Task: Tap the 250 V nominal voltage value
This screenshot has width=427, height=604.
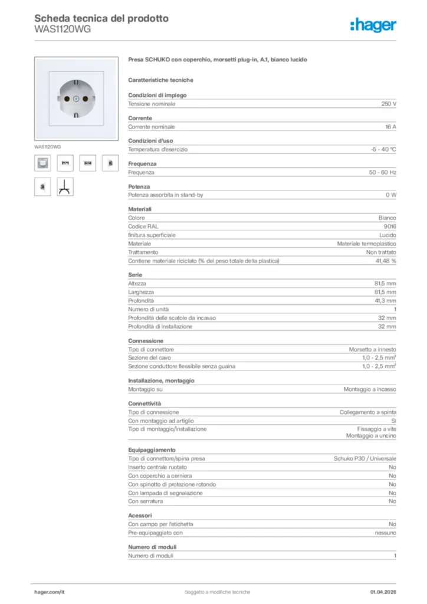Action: [x=389, y=104]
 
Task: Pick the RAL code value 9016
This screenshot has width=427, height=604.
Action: [x=389, y=226]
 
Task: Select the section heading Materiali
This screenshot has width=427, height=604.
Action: [x=140, y=209]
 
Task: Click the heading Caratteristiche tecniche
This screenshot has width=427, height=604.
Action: [x=160, y=80]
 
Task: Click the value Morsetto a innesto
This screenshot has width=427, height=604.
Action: [x=373, y=349]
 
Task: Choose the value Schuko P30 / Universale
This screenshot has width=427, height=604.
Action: [x=365, y=458]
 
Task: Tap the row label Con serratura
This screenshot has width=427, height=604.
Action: [x=146, y=501]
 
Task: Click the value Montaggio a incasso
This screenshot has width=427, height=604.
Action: [x=370, y=389]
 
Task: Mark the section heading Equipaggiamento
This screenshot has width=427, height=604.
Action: [x=152, y=450]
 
